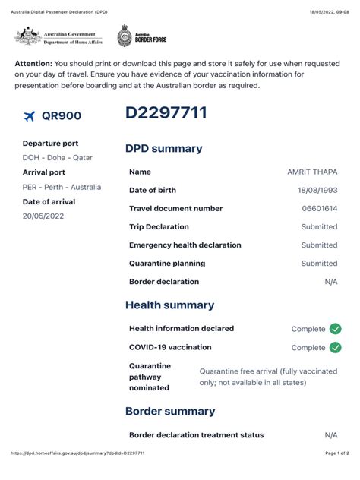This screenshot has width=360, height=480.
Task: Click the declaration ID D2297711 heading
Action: (x=166, y=114)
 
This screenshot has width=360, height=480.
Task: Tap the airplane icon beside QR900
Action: (x=30, y=116)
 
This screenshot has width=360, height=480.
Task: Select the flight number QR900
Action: (x=62, y=116)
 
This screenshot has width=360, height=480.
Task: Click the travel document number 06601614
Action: (x=319, y=208)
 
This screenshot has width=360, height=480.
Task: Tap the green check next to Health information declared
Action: (x=335, y=329)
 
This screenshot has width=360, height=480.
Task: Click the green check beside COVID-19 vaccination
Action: (x=335, y=347)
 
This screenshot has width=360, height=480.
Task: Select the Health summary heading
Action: (x=169, y=305)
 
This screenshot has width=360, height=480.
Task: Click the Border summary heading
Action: (x=170, y=411)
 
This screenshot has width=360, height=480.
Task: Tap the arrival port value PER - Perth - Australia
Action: (x=62, y=187)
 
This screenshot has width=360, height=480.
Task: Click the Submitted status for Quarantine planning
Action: (x=319, y=264)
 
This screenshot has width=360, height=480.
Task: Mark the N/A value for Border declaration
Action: (x=330, y=282)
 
